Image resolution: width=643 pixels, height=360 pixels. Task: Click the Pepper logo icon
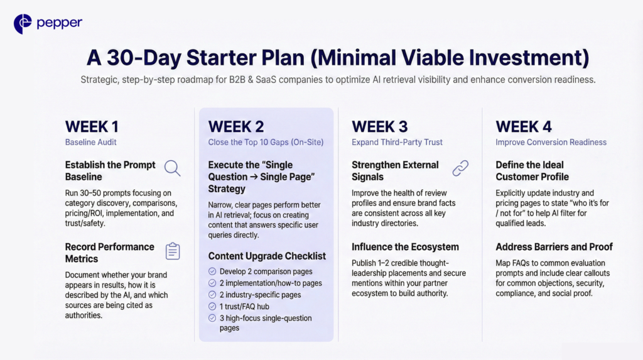click(23, 24)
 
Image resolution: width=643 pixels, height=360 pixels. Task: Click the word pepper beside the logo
click(59, 24)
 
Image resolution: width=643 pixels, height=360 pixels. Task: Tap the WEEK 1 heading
click(92, 126)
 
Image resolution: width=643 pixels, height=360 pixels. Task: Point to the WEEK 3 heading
click(379, 126)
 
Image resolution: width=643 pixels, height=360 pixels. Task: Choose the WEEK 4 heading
click(523, 126)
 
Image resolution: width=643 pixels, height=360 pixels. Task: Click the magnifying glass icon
click(172, 168)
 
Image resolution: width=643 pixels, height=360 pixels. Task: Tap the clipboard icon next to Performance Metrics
click(172, 251)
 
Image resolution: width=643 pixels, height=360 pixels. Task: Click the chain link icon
click(461, 168)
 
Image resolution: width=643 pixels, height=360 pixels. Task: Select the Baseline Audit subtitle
click(91, 143)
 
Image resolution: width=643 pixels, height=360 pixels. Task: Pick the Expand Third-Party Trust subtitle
click(397, 143)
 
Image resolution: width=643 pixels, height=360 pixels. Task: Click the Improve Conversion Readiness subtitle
click(551, 143)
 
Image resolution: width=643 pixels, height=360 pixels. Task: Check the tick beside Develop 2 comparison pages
click(212, 271)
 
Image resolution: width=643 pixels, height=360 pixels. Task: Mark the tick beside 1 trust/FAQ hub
click(212, 306)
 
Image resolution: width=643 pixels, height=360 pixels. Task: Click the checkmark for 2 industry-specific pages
click(212, 295)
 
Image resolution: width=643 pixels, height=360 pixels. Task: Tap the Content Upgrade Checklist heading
click(267, 256)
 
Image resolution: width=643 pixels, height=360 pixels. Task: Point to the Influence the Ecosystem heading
click(405, 246)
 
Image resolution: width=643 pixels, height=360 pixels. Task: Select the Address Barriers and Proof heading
click(554, 246)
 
